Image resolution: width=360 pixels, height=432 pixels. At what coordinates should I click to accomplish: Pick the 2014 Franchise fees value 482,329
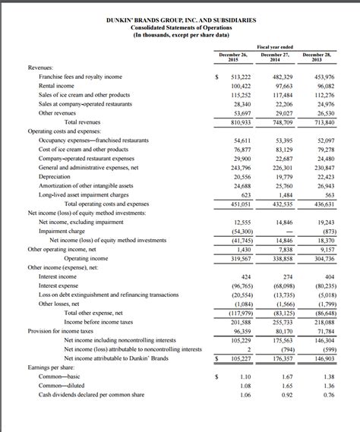tap(283, 77)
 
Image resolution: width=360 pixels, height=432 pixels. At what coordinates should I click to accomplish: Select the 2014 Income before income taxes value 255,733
tap(283, 322)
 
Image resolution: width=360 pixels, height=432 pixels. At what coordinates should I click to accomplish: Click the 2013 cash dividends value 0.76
tap(328, 395)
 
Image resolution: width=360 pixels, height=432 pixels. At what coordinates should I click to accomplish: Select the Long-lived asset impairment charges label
tap(87, 194)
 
